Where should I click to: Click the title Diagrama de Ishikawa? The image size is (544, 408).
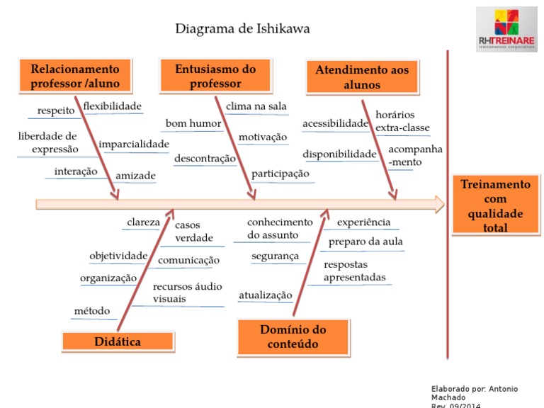[242, 28]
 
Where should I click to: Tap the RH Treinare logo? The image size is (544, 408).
[506, 30]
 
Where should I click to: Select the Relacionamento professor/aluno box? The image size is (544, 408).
[75, 76]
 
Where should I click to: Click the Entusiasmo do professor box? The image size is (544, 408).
[215, 76]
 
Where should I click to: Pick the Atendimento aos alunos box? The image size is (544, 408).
[362, 77]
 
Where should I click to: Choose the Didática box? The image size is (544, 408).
[118, 341]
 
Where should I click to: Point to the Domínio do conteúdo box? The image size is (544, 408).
[293, 337]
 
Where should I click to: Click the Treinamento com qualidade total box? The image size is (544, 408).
[495, 205]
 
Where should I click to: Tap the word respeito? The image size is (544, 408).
[56, 110]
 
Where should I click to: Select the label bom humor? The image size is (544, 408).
[193, 123]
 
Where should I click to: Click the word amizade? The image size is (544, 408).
[135, 176]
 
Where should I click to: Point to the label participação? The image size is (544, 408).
[280, 174]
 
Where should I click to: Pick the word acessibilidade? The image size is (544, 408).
[336, 123]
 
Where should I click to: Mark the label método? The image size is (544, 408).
[92, 310]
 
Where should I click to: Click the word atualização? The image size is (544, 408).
[266, 295]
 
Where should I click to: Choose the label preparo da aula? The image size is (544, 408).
[365, 242]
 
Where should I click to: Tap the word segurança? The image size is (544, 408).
[275, 256]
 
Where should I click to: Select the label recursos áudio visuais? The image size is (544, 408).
[187, 293]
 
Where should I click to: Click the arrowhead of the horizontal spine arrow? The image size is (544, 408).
[440, 204]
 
